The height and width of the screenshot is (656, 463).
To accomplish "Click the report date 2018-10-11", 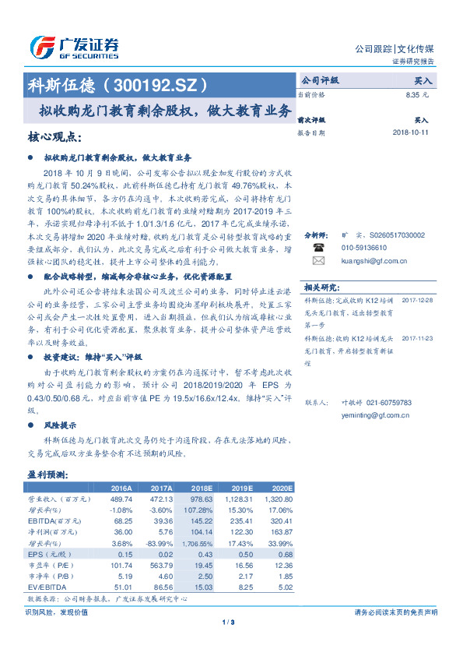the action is coord(411,133).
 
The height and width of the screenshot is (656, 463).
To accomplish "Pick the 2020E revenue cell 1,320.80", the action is coord(279,499).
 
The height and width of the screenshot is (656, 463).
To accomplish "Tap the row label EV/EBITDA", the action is coord(47,586).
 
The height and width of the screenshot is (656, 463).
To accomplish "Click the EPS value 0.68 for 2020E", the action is coord(285,553).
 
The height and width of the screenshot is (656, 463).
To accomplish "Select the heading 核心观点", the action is coord(54,137).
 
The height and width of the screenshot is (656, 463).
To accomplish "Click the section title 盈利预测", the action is coord(49,474).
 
